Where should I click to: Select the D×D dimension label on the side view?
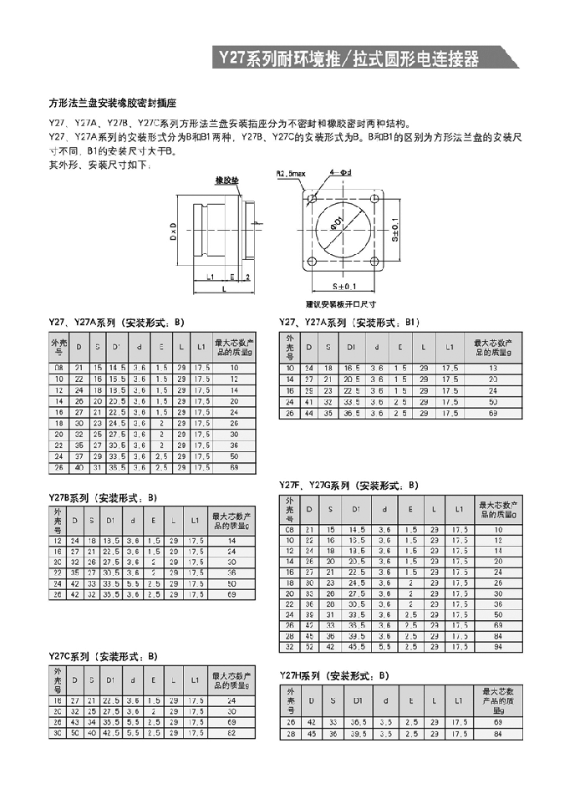click(x=173, y=231)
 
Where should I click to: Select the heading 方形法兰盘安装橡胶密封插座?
click(x=113, y=104)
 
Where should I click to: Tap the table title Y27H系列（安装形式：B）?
click(x=334, y=674)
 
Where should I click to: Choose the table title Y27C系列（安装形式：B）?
click(x=103, y=656)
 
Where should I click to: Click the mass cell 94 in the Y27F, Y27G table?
click(x=497, y=647)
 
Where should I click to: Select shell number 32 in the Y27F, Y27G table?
click(x=290, y=647)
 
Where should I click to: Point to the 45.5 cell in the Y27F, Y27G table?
click(x=357, y=647)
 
